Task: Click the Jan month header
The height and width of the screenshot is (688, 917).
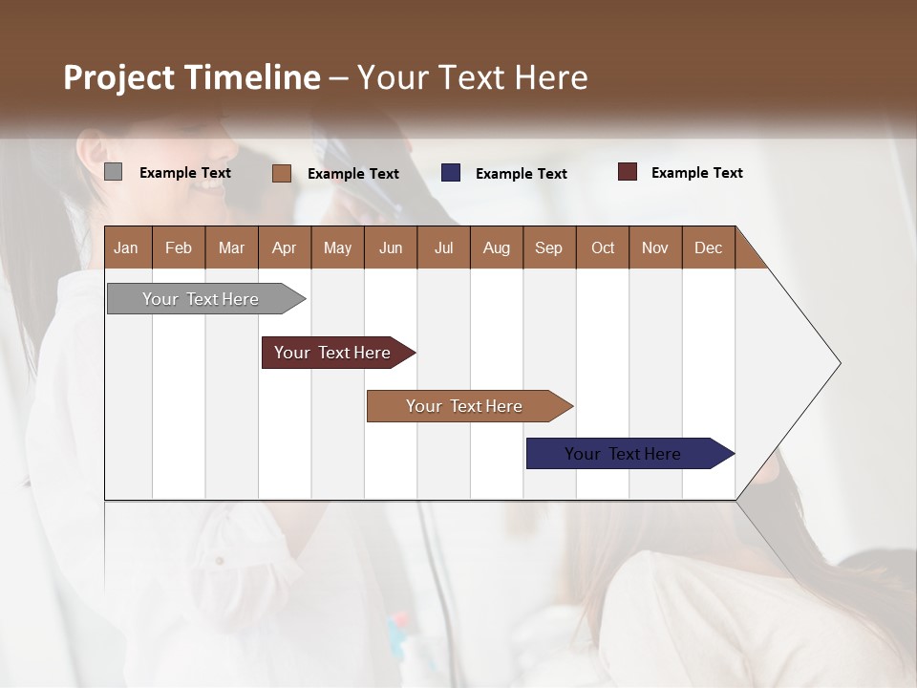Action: coord(127,247)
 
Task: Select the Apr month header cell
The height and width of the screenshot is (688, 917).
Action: coord(284,247)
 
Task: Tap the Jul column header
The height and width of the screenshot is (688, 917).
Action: coord(443,247)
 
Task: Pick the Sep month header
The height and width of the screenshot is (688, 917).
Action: coord(548,247)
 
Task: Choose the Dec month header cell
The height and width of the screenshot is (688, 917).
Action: coord(708,247)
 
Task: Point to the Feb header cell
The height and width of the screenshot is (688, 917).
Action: coord(179,247)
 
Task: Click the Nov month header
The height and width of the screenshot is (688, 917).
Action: coord(655,247)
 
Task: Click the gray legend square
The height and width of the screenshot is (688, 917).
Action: coord(113,172)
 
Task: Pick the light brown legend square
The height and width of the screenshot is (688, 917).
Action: coord(281,173)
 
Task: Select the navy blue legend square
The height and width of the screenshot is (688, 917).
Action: coord(451,173)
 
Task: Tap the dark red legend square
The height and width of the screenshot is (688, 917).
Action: coord(627,172)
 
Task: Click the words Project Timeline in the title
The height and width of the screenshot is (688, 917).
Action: coord(192,77)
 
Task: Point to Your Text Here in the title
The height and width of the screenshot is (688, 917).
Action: coord(473,77)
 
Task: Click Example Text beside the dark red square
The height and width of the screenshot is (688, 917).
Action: coord(696,173)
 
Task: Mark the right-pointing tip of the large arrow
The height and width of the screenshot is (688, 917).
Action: coord(838,363)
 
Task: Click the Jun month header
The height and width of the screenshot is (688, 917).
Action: coord(391,247)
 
